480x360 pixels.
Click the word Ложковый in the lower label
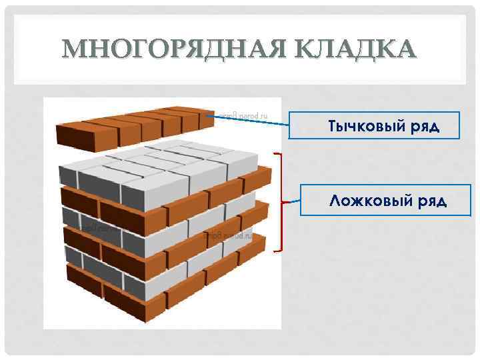[x=364, y=200]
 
